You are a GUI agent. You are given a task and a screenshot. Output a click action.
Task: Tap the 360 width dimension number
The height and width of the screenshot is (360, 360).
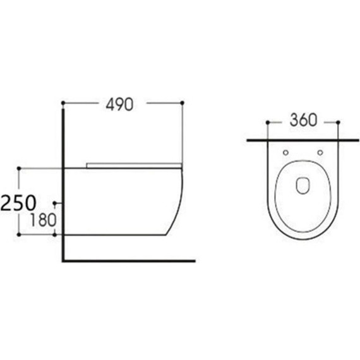[304, 120]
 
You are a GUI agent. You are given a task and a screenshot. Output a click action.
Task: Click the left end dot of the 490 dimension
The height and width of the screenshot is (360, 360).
[63, 102]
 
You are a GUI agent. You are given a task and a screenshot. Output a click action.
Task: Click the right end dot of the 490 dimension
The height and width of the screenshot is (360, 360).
[182, 102]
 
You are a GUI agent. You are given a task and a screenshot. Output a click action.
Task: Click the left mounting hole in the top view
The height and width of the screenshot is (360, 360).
[286, 152]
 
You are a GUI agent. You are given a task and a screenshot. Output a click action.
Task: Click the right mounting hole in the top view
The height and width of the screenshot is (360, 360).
[321, 152]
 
